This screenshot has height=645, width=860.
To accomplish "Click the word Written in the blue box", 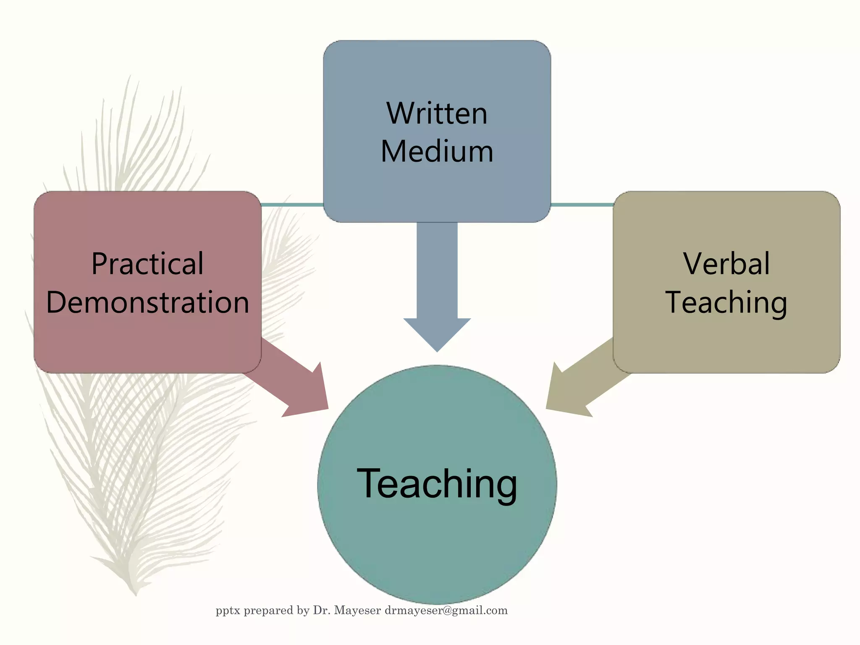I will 437,113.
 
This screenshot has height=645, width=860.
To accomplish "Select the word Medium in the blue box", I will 437,152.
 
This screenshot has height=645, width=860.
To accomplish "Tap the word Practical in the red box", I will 147,264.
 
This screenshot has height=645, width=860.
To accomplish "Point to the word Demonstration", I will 147,302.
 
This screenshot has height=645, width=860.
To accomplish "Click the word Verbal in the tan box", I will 726,264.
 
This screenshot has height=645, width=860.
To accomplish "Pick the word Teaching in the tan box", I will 726,302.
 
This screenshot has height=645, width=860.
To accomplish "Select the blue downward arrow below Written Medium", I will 437,286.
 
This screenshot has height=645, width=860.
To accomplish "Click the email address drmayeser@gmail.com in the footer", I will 446,611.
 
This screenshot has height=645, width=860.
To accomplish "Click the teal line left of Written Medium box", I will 292,205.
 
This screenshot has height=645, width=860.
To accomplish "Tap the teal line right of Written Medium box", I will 582,205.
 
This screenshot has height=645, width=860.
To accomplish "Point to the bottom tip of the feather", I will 136,594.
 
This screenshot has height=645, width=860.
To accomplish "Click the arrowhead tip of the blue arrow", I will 437,351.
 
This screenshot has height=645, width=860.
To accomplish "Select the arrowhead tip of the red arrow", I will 328,408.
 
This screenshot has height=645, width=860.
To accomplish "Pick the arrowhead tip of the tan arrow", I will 547,408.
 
